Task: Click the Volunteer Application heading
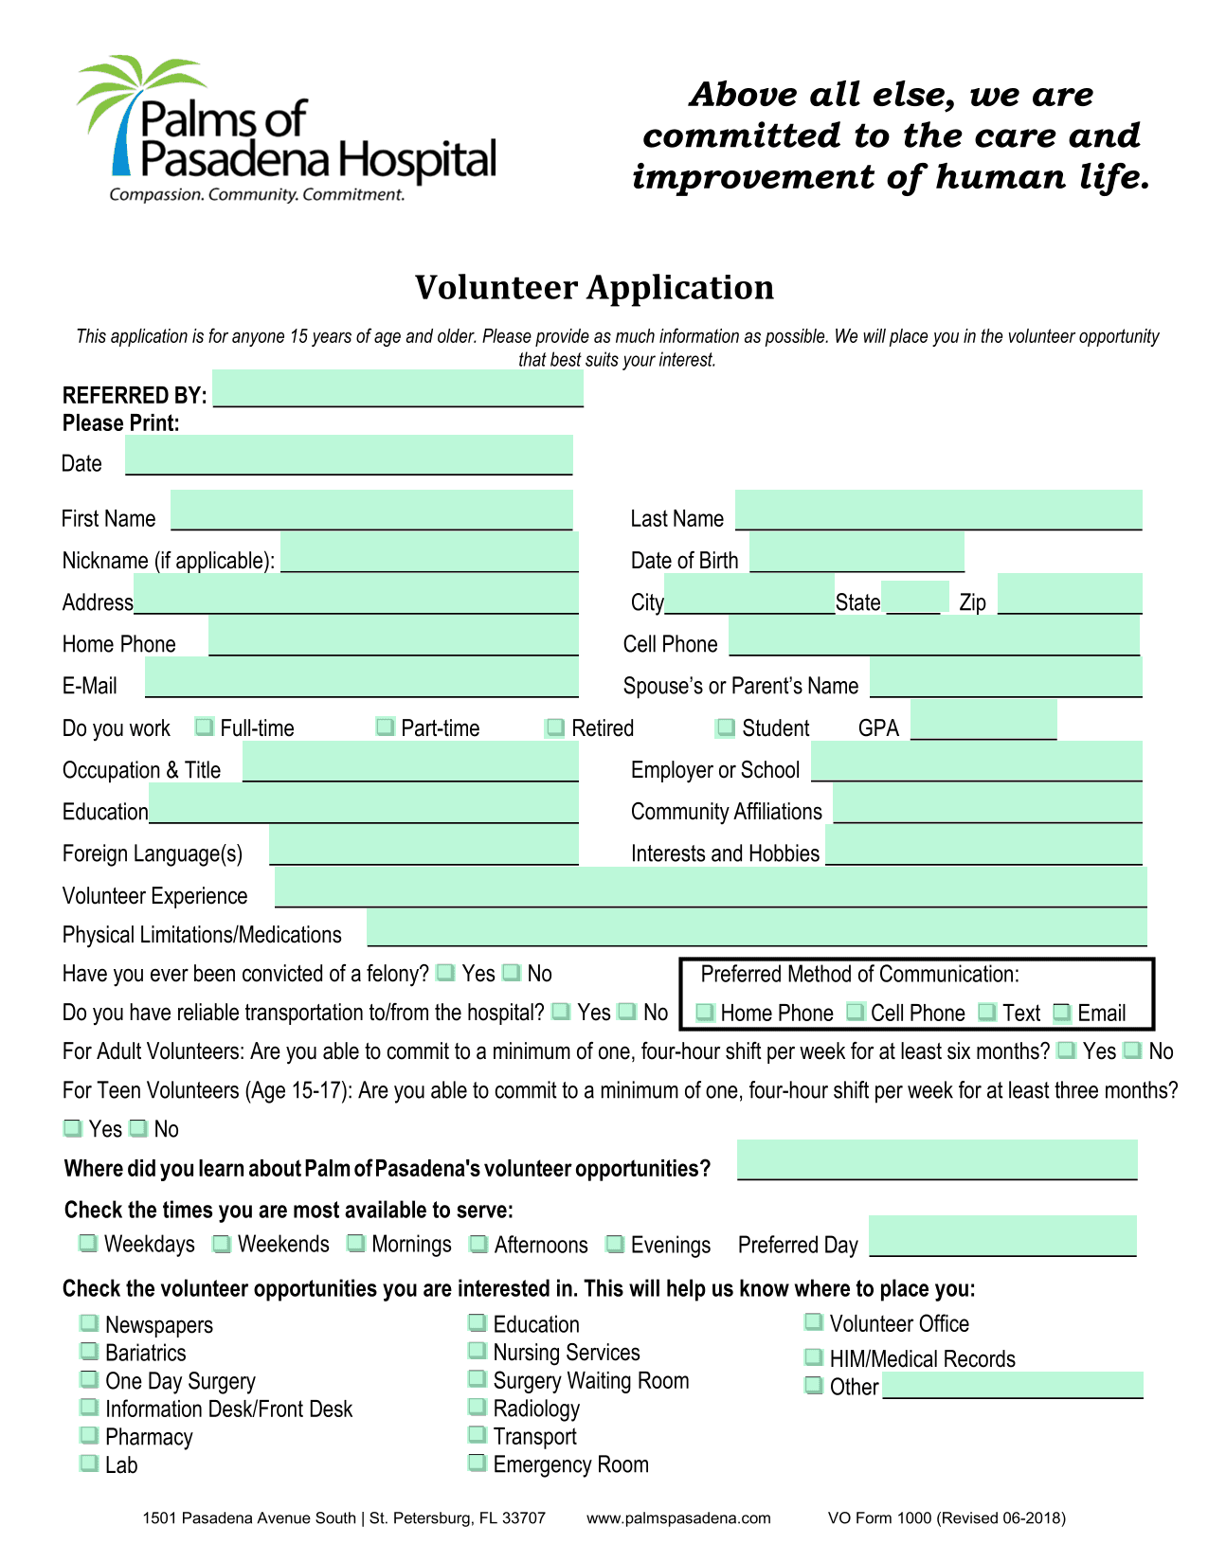[x=594, y=288]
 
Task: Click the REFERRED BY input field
[x=398, y=389]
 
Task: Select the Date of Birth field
[x=856, y=552]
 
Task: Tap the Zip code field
[x=1069, y=595]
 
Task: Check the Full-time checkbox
[x=204, y=727]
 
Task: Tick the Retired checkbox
[x=555, y=727]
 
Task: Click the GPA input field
[x=983, y=720]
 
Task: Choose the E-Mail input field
[x=361, y=678]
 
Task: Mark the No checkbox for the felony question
[x=512, y=972]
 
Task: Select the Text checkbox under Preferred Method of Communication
[x=987, y=1012]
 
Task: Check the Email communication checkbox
[x=1062, y=1013]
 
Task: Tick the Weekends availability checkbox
[x=222, y=1244]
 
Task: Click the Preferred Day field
[x=1002, y=1236]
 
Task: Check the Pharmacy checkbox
[x=89, y=1435]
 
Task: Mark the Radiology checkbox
[x=478, y=1407]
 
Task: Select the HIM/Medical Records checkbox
[x=814, y=1357]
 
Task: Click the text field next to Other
[x=1013, y=1385]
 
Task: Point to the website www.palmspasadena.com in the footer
[x=678, y=1517]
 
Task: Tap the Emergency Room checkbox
[x=478, y=1463]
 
